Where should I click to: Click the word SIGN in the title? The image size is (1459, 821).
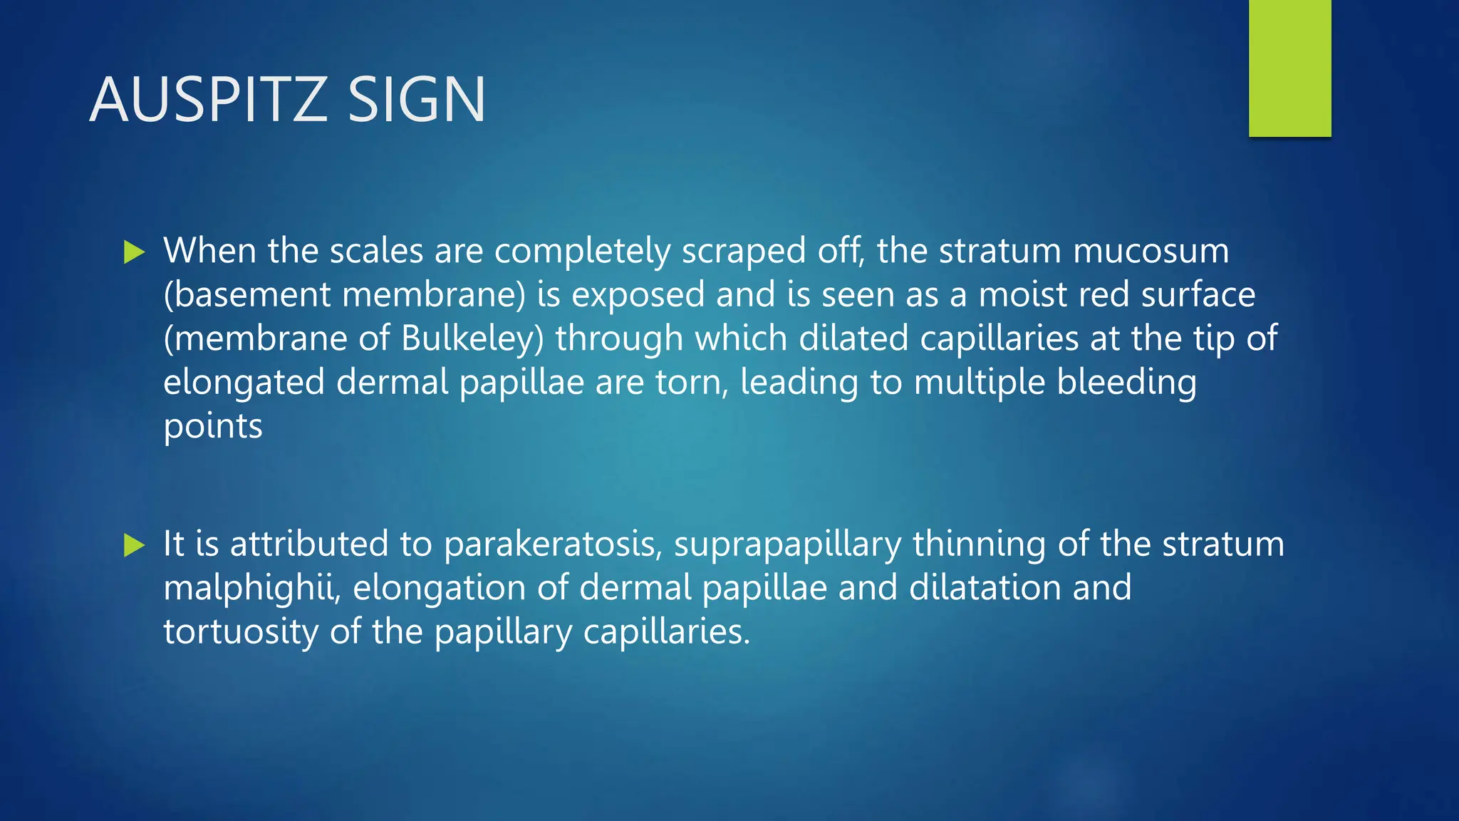click(x=416, y=100)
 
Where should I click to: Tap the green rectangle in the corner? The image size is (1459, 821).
click(x=1289, y=68)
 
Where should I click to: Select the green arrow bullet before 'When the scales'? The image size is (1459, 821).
click(x=134, y=252)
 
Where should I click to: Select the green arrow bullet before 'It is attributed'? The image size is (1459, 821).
click(x=134, y=545)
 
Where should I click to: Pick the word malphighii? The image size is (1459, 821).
click(x=252, y=589)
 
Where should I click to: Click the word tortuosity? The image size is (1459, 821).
click(x=240, y=633)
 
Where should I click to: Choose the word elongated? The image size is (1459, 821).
click(x=244, y=383)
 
